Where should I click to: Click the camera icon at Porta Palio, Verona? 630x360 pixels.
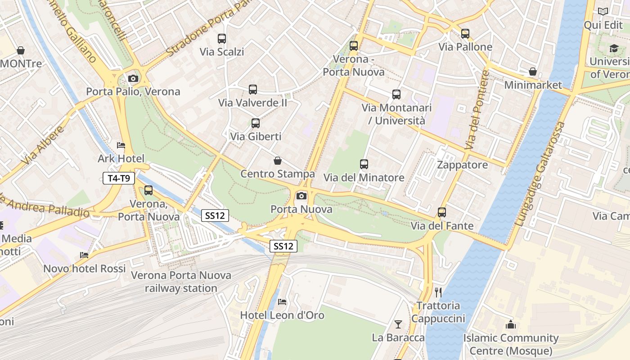click(133, 79)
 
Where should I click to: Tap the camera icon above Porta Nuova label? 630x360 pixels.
click(301, 196)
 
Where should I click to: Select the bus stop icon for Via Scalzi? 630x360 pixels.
click(222, 39)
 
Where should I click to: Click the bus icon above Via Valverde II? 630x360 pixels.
click(253, 90)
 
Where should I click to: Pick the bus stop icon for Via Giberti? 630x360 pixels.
click(256, 123)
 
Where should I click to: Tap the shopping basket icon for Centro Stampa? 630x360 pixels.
click(278, 161)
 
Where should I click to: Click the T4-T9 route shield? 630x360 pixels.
click(119, 178)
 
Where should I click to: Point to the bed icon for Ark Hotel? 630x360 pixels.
click(121, 145)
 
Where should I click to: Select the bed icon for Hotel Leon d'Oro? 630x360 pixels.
click(282, 301)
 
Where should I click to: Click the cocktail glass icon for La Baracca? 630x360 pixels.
click(398, 324)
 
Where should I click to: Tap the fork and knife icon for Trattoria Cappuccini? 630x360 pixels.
click(438, 292)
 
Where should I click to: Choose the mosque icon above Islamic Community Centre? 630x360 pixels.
click(511, 324)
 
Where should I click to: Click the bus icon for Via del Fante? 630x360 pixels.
click(442, 212)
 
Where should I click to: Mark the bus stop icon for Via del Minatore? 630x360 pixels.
click(364, 164)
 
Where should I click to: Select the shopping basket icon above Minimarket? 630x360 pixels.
click(533, 72)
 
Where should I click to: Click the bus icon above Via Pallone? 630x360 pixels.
click(465, 33)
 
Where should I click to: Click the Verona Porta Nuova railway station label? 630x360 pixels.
click(181, 282)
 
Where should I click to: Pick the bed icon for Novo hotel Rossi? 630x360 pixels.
click(84, 255)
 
